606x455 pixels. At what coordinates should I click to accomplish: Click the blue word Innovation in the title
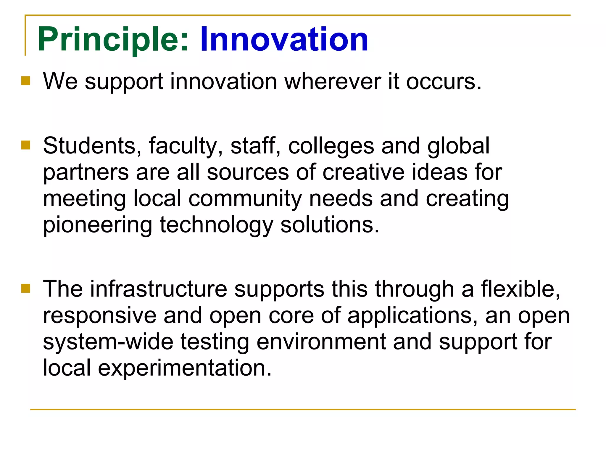pyautogui.click(x=284, y=39)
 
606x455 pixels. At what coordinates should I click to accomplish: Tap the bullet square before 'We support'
pyautogui.click(x=26, y=81)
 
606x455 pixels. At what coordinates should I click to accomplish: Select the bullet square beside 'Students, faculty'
pyautogui.click(x=26, y=145)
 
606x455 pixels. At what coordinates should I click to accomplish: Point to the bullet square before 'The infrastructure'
pyautogui.click(x=26, y=288)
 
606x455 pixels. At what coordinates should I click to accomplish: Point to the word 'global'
pyautogui.click(x=458, y=146)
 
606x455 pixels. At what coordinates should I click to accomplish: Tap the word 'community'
pyautogui.click(x=245, y=199)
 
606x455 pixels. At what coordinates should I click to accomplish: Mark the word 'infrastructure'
pyautogui.click(x=159, y=289)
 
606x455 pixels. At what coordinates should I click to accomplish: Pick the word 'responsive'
pyautogui.click(x=99, y=316)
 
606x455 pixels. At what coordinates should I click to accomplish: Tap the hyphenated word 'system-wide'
pyautogui.click(x=108, y=342)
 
